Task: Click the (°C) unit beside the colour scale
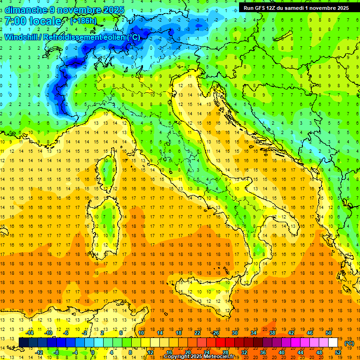tap(349, 343)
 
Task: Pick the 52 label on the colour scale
tap(338, 352)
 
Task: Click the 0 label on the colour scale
tap(93, 352)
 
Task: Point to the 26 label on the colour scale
tap(216, 332)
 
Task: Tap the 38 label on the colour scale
tap(272, 332)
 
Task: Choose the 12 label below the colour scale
tap(151, 352)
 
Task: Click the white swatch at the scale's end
tap(333, 342)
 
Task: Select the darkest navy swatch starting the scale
tap(23, 342)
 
